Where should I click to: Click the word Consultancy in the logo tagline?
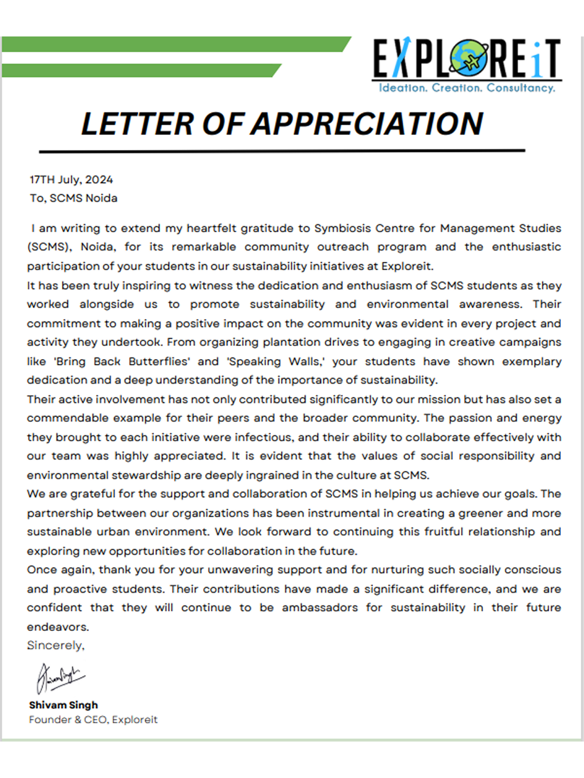click(x=520, y=88)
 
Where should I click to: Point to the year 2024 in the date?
click(x=99, y=180)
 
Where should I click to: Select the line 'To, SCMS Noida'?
click(x=74, y=198)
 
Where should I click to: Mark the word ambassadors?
click(x=320, y=608)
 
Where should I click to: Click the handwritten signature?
click(x=60, y=677)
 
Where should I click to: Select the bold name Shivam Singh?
click(x=63, y=705)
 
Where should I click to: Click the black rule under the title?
click(x=282, y=150)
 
